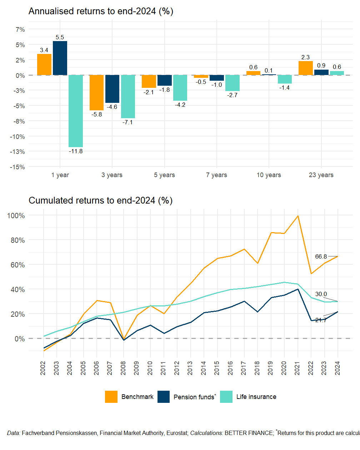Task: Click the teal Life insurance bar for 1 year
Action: point(76,111)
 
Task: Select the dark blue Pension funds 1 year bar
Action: point(60,58)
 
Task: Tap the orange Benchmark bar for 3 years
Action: point(96,92)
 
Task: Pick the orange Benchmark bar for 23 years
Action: point(305,68)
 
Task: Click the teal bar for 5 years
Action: point(180,88)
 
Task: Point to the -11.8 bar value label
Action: point(76,151)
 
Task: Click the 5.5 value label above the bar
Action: point(60,37)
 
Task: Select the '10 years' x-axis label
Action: point(269,175)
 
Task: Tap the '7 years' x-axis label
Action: point(216,175)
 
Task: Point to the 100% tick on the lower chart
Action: point(16,216)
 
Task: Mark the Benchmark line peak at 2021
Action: point(297,216)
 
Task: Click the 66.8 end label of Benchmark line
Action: point(321,257)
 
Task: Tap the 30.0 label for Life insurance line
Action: point(321,294)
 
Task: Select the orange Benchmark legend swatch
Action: point(111,397)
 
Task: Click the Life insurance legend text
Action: point(256,397)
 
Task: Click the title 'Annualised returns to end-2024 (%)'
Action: point(101,11)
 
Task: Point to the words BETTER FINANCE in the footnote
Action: point(249,433)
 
